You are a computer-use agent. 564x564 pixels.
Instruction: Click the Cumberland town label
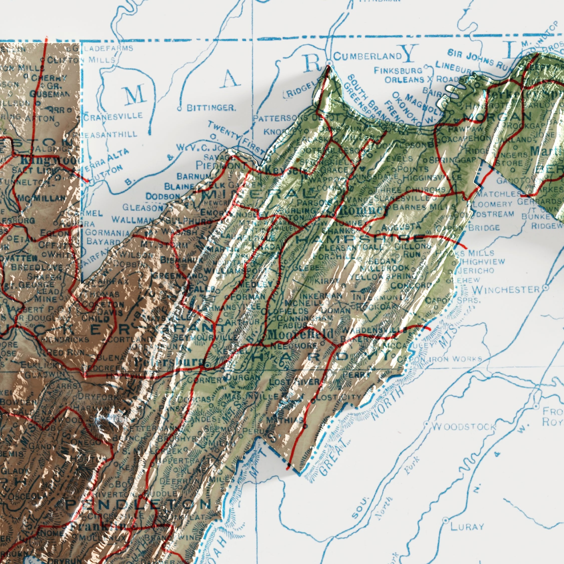coord(367,56)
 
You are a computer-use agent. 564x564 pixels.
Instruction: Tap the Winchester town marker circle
coord(545,288)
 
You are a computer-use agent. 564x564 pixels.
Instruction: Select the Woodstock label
coord(464,427)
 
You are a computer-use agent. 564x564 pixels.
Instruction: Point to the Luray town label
coord(467,527)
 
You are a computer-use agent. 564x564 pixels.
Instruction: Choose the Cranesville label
coord(114,116)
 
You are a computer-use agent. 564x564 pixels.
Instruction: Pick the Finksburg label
coord(398,70)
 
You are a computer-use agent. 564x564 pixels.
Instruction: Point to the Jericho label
coord(476,270)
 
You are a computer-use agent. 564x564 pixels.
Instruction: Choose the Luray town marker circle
coord(446,520)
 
